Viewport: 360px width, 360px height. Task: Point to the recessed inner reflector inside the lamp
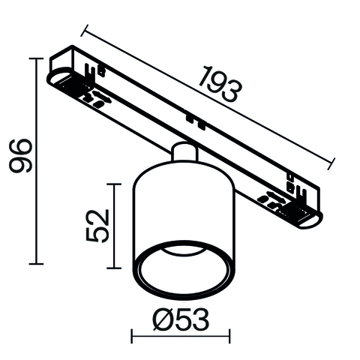coord(182,259)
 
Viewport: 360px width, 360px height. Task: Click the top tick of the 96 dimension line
coord(34,58)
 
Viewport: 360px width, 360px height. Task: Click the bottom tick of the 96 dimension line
coord(34,264)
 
